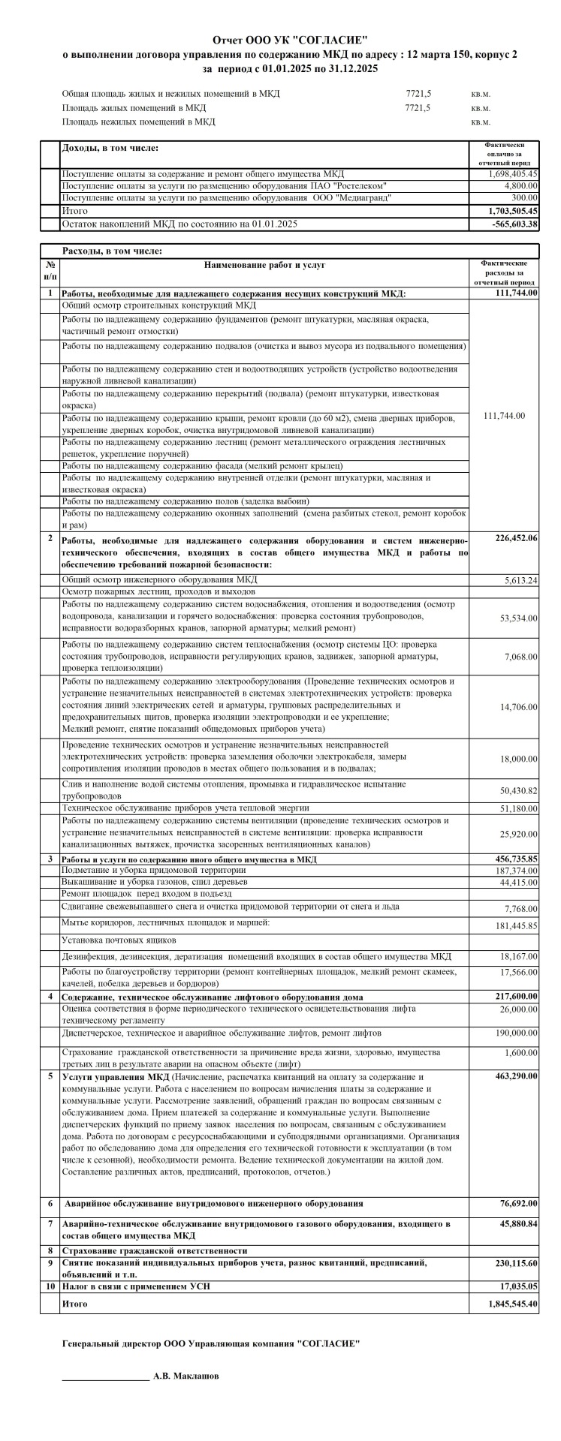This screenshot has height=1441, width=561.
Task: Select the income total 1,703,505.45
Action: [x=513, y=211]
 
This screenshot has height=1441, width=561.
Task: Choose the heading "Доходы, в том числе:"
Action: [x=110, y=149]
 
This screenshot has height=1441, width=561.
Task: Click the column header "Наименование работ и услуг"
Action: [x=265, y=265]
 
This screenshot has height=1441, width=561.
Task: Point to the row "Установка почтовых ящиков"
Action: [x=119, y=940]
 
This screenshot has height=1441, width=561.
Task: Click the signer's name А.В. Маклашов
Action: [x=186, y=1376]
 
